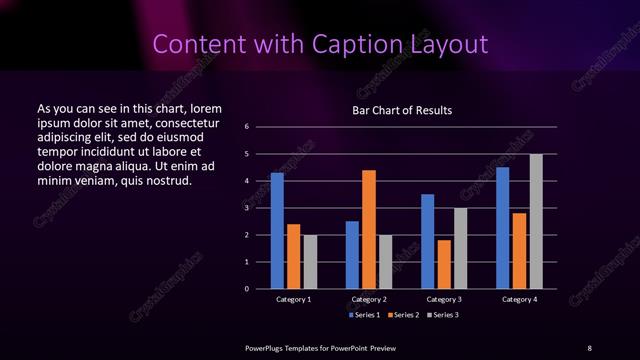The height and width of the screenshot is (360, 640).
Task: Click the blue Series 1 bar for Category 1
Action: [277, 231]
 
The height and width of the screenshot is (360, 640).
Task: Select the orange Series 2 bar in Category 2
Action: [369, 229]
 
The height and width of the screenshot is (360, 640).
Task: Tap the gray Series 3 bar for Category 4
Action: [536, 221]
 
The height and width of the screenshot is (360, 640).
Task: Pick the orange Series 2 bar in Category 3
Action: [444, 264]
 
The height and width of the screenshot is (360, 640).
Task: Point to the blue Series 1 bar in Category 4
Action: [503, 228]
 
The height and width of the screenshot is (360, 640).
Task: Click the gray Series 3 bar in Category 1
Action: [310, 262]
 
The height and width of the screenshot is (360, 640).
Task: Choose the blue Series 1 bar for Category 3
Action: [428, 241]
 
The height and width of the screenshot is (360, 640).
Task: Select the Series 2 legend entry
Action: [402, 315]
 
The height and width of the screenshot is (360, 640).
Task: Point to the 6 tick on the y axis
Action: [247, 127]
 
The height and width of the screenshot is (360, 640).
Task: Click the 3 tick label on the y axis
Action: [247, 208]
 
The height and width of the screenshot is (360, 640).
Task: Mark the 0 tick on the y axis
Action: [247, 289]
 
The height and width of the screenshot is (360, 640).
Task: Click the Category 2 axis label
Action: [369, 299]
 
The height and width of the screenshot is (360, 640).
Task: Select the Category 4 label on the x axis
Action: [519, 299]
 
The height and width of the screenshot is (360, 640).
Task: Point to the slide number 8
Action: [589, 347]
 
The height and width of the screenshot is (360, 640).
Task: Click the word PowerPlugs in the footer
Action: [267, 347]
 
